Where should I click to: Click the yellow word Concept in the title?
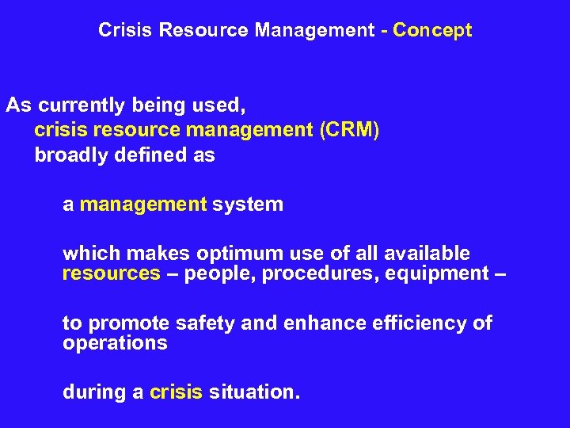[432, 31]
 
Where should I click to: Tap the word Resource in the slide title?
[203, 31]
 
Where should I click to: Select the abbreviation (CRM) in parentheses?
[349, 131]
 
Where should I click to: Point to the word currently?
[80, 106]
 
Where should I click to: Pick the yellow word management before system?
[143, 204]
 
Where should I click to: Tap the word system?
[248, 204]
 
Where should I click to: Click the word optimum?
[237, 254]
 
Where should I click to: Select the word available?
[427, 254]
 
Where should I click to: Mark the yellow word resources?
[112, 274]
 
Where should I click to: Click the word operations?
[115, 343]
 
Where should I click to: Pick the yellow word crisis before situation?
[176, 392]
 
